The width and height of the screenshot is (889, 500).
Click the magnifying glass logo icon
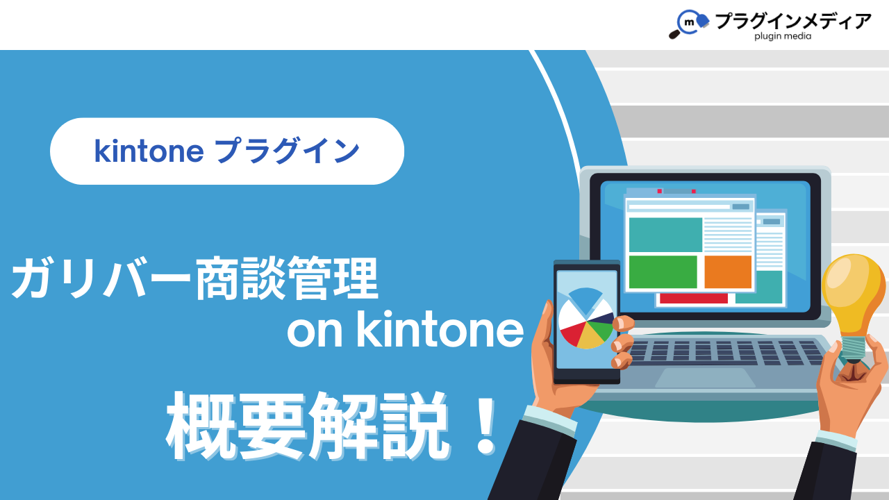[x=689, y=24]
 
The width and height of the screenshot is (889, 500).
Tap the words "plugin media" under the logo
[x=783, y=37]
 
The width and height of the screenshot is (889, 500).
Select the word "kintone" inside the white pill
[x=149, y=151]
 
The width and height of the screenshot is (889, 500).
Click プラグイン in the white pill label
[x=287, y=151]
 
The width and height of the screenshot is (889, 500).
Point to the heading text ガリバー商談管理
[x=194, y=278]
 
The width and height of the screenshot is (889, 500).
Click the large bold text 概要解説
[x=309, y=427]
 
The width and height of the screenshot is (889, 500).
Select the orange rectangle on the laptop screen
[x=728, y=272]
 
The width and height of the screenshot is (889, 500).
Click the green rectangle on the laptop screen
[x=663, y=272]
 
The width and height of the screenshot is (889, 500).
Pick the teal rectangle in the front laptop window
[x=665, y=235]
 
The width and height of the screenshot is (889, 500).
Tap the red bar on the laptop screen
[x=694, y=299]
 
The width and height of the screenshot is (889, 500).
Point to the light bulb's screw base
[x=854, y=349]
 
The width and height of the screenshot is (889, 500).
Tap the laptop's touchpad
[x=705, y=377]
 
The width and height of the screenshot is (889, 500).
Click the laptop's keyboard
[x=726, y=352]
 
